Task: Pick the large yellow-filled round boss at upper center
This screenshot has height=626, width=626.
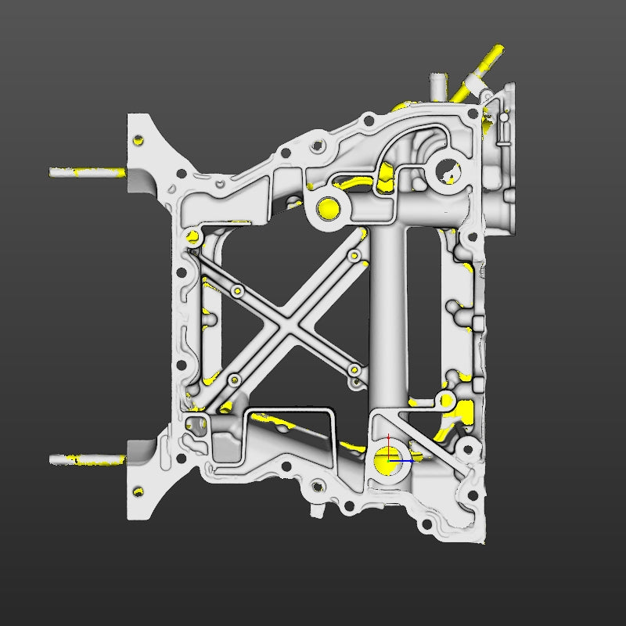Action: (x=327, y=208)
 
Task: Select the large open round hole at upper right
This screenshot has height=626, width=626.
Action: (x=446, y=167)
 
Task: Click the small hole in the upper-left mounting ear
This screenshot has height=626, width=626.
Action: (x=139, y=141)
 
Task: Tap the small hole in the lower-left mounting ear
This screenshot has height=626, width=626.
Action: (x=139, y=491)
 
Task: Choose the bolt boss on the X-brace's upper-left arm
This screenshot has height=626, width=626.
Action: (x=237, y=292)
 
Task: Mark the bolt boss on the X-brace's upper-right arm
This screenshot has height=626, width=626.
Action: (x=354, y=256)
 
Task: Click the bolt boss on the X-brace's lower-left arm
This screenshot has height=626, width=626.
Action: (x=232, y=380)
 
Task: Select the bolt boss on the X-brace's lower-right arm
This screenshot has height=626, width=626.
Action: (x=354, y=369)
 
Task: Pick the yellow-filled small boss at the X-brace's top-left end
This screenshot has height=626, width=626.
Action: (x=192, y=236)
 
